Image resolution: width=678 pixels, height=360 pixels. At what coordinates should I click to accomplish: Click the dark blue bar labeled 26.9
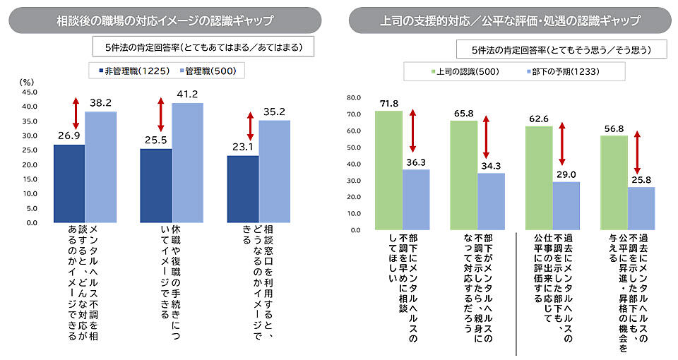point(69,184)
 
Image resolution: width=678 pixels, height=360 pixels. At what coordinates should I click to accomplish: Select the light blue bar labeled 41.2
point(187,163)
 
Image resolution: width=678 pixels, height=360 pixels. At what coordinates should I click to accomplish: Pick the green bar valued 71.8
point(388,170)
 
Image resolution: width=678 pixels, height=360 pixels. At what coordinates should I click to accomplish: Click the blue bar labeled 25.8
point(641,208)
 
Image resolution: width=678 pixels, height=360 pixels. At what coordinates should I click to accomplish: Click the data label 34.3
point(491,164)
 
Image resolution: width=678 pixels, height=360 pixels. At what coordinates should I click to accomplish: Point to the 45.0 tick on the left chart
point(30,92)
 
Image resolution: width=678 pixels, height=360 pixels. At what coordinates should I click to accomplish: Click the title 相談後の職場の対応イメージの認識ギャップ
point(165,20)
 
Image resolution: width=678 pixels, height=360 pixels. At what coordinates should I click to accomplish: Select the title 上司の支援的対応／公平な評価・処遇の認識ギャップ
point(509,20)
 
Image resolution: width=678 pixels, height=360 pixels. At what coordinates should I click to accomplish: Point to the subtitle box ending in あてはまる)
point(203,47)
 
